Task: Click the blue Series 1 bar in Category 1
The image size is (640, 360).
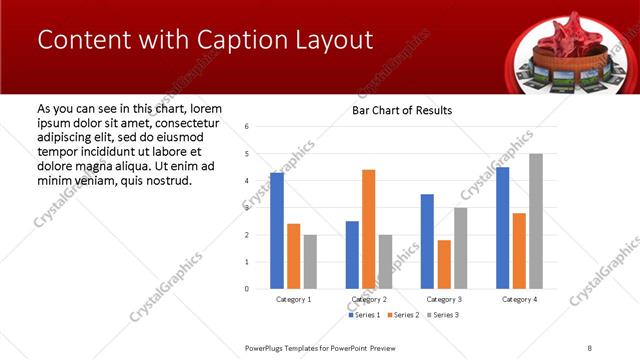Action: pyautogui.click(x=276, y=231)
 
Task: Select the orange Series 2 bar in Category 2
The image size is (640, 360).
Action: pyautogui.click(x=368, y=229)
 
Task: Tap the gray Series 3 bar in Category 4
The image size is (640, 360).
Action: pyautogui.click(x=536, y=221)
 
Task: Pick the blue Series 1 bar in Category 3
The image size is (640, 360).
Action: pyautogui.click(x=427, y=241)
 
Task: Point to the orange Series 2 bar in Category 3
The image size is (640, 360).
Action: pyautogui.click(x=443, y=264)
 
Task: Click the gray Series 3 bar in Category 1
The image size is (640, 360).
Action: pyautogui.click(x=310, y=261)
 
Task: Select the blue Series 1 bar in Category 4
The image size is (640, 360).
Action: pyautogui.click(x=502, y=228)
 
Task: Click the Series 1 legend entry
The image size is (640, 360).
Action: pyautogui.click(x=364, y=315)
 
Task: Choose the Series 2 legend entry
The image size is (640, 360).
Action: pyautogui.click(x=403, y=315)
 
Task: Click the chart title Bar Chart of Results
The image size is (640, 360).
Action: pyautogui.click(x=402, y=110)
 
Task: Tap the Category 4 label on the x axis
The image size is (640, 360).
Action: pyautogui.click(x=519, y=299)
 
